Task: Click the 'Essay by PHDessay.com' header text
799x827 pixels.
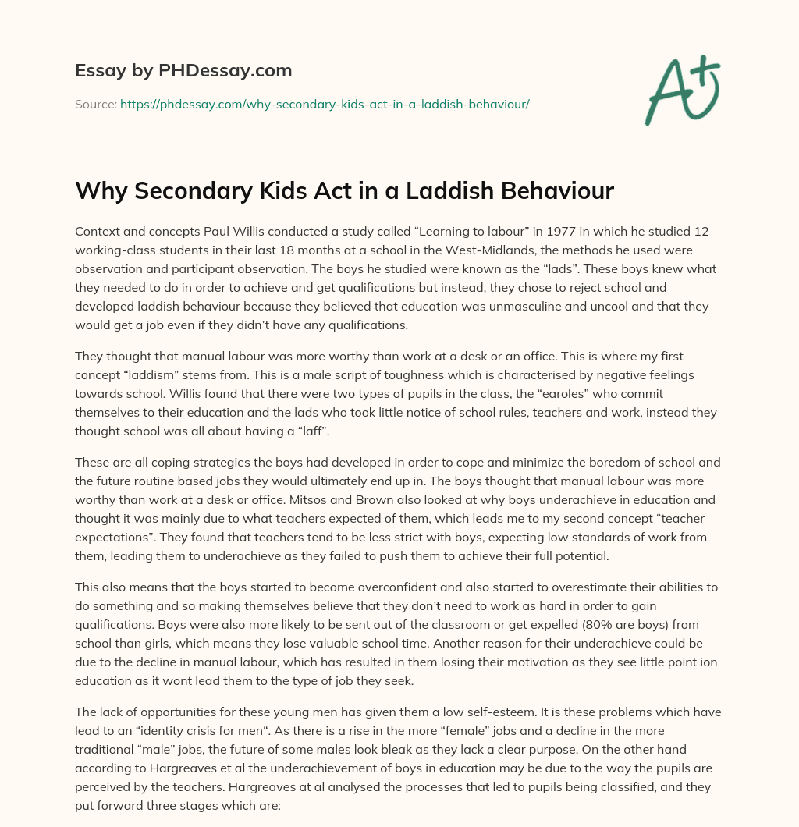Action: [183, 71]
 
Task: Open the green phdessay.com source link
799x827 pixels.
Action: [325, 104]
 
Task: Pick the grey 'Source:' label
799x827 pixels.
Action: [95, 104]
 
